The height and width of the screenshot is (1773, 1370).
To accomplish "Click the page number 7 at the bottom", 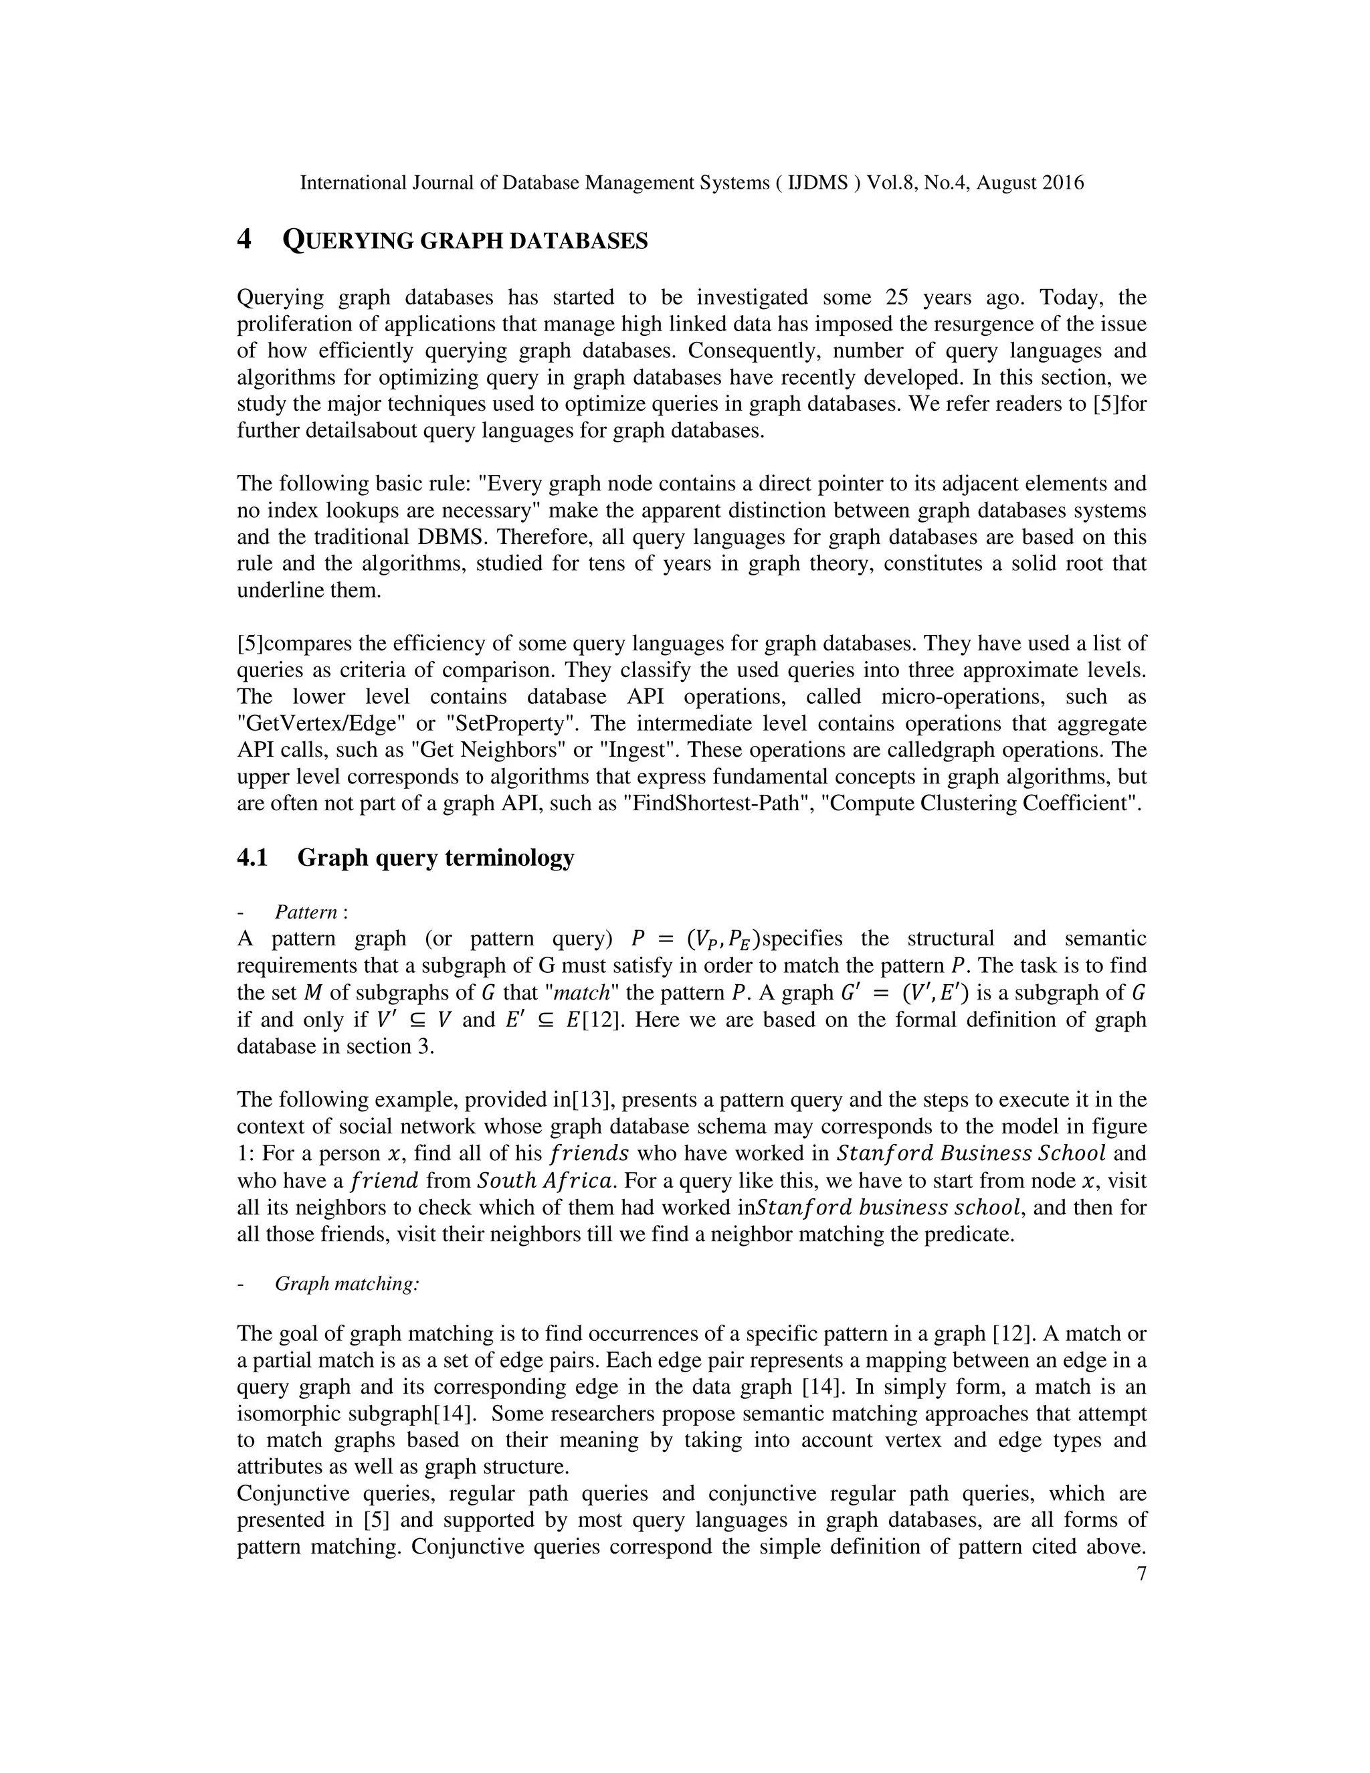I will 1141,1574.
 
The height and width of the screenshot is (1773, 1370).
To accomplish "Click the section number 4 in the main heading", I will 243,240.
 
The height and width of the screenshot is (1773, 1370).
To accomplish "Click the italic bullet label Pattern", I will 308,912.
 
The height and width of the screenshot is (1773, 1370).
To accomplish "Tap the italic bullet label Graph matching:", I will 347,1283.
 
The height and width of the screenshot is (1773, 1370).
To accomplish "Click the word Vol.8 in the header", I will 892,183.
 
